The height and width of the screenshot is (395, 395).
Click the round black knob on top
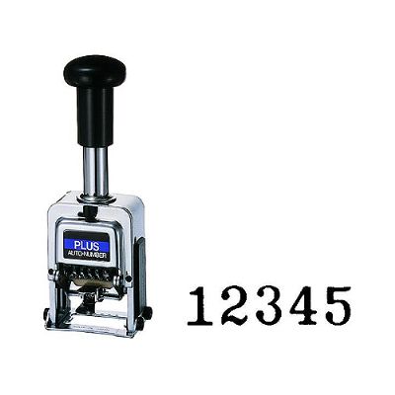click(95, 69)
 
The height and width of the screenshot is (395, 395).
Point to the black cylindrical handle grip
click(95, 116)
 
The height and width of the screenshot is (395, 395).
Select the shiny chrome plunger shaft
click(96, 171)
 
